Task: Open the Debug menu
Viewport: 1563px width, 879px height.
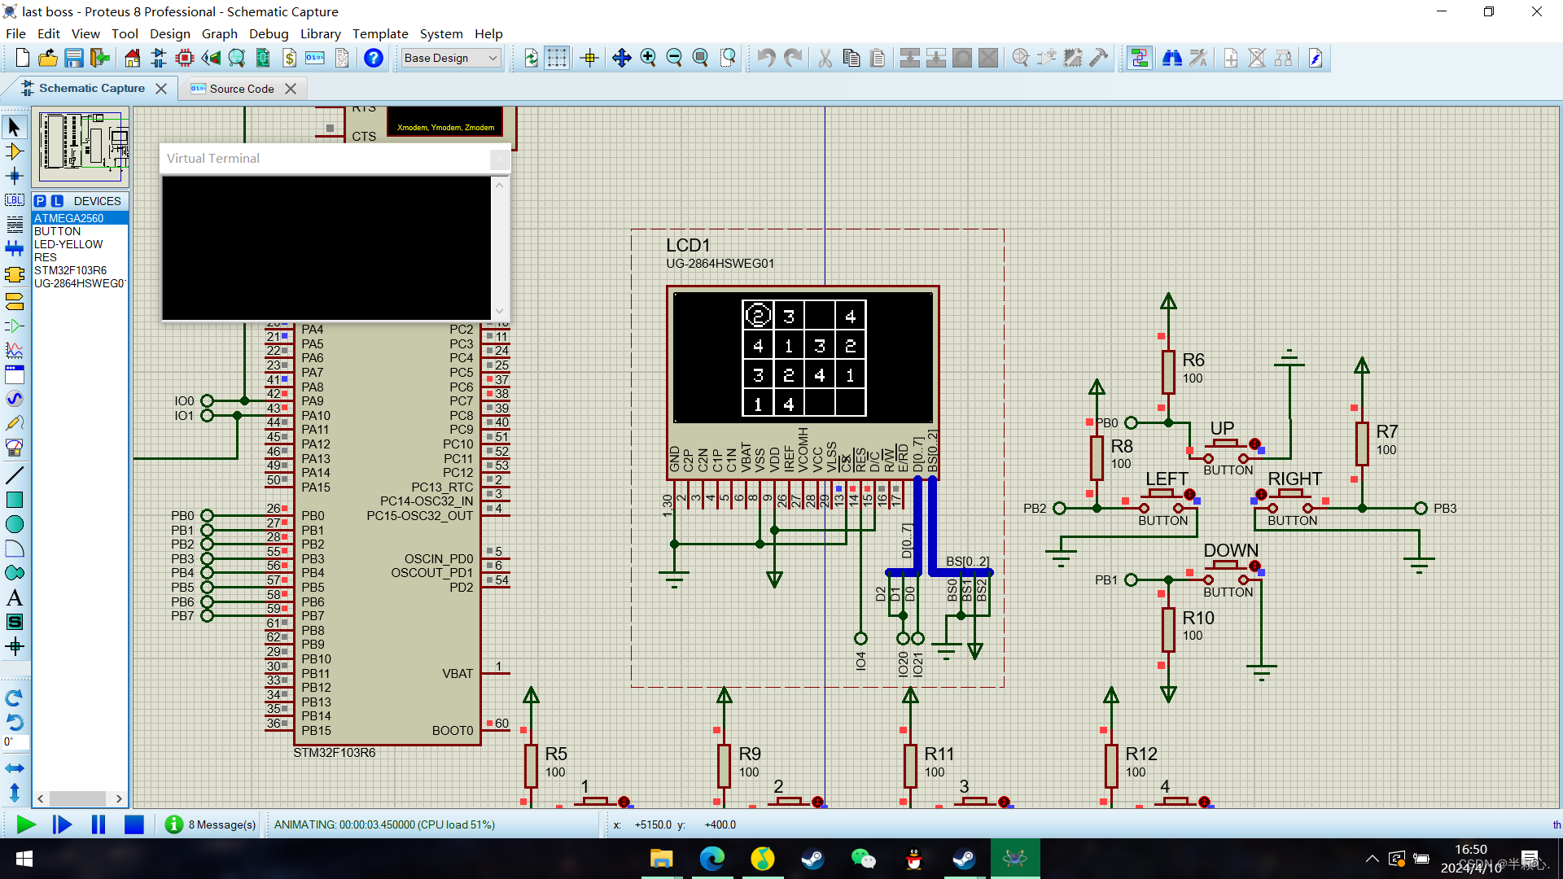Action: click(x=269, y=33)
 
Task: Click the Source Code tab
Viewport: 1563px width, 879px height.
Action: click(x=241, y=89)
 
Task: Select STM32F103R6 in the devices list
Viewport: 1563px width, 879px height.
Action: click(x=70, y=270)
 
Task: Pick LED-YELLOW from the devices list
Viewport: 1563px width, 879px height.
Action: click(x=68, y=244)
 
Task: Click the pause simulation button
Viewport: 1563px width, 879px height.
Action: click(x=99, y=824)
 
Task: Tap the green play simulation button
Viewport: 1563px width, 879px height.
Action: click(x=26, y=824)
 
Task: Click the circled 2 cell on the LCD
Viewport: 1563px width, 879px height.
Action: click(x=758, y=316)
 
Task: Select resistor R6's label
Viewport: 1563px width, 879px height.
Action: click(x=1193, y=360)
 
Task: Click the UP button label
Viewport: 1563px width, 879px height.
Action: click(x=1222, y=428)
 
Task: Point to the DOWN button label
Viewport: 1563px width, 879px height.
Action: click(x=1231, y=551)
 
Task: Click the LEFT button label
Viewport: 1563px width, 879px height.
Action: click(x=1167, y=479)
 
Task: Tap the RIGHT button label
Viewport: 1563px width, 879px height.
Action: click(x=1294, y=479)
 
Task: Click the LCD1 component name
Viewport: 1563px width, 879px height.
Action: click(x=688, y=245)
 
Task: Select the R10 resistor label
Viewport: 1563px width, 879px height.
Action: click(x=1197, y=618)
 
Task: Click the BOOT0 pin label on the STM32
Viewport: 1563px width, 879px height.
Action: click(x=453, y=731)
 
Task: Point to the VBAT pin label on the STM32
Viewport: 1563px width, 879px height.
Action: click(x=458, y=674)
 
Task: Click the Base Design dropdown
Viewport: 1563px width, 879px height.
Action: click(x=450, y=58)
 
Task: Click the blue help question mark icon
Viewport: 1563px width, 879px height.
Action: click(x=374, y=58)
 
